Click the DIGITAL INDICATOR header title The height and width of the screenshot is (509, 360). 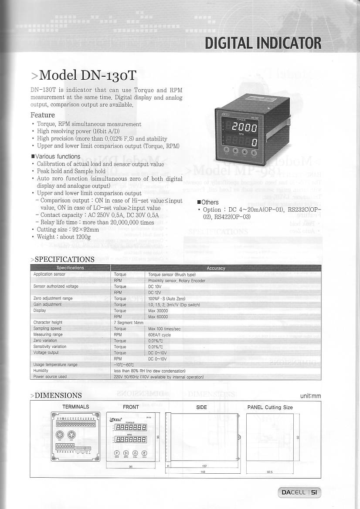click(x=263, y=43)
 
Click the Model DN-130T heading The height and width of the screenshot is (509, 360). click(x=84, y=75)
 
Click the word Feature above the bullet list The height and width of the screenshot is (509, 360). click(x=43, y=115)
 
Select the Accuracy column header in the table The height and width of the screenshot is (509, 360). click(x=216, y=268)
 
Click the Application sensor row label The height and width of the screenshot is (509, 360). click(x=49, y=274)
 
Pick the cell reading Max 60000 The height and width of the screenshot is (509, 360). click(x=158, y=317)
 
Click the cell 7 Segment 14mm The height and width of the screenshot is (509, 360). click(x=128, y=323)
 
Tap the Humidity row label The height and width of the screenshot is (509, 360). click(x=41, y=371)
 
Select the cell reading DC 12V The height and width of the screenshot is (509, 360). click(x=155, y=293)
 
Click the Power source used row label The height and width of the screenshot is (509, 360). click(x=50, y=377)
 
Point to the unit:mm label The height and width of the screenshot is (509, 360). click(x=310, y=396)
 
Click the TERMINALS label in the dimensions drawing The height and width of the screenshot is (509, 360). click(x=76, y=407)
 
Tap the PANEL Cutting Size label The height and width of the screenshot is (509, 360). click(x=270, y=407)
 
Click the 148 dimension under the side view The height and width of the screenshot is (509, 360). click(x=203, y=472)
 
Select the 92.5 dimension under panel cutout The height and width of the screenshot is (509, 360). click(x=269, y=472)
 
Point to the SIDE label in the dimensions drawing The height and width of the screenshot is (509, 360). click(x=201, y=407)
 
